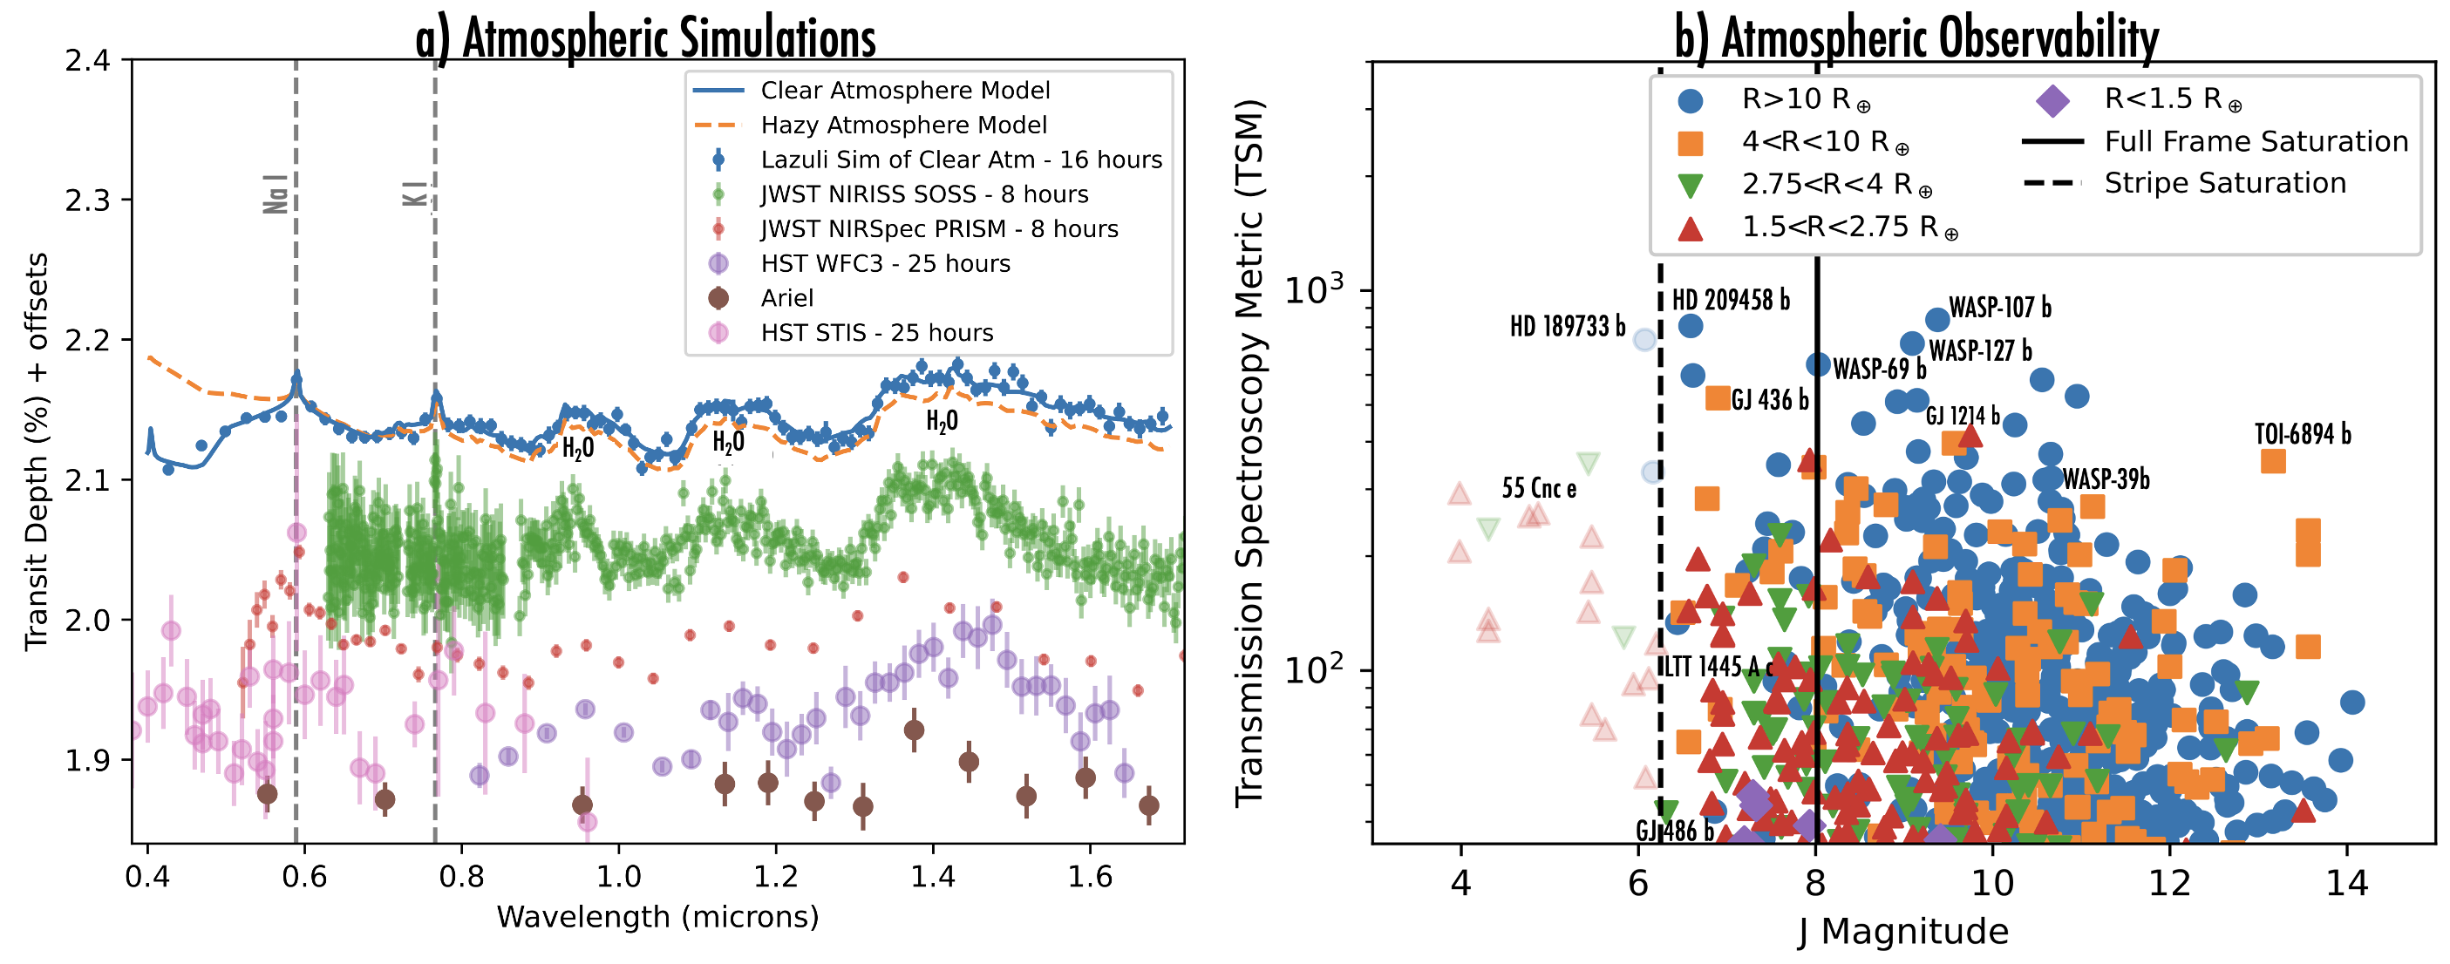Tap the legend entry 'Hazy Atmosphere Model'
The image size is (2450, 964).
click(902, 126)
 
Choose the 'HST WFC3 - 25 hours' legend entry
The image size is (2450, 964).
click(884, 263)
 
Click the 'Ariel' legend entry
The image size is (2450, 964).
click(786, 298)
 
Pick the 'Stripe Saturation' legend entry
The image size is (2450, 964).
click(2224, 182)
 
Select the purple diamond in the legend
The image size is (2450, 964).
click(2052, 100)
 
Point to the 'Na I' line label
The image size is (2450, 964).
click(276, 194)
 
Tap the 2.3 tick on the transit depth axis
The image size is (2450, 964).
click(87, 200)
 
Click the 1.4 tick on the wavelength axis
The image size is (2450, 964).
click(933, 876)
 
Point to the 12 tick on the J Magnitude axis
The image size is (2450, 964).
click(2169, 883)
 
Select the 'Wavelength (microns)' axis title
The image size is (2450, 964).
click(657, 918)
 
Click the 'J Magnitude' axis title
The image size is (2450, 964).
click(1903, 932)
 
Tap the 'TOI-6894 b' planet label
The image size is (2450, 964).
click(2303, 434)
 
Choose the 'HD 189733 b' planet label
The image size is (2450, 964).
click(1568, 327)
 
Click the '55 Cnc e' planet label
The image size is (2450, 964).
click(1539, 489)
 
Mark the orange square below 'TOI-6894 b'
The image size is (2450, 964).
click(2273, 461)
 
